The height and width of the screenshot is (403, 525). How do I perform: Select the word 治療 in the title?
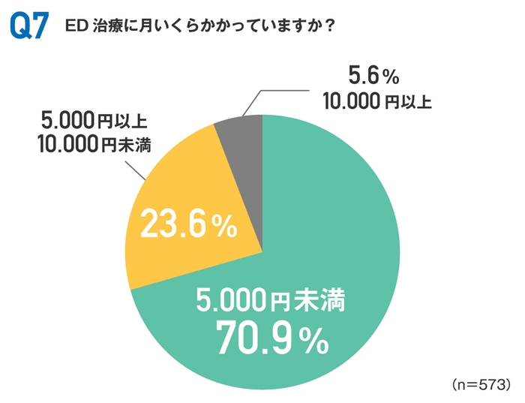pyautogui.click(x=108, y=25)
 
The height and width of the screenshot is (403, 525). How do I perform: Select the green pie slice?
pyautogui.click(x=315, y=248)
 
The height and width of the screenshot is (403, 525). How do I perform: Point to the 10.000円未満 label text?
pyautogui.click(x=94, y=144)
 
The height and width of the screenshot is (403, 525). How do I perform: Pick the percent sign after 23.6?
pyautogui.click(x=223, y=227)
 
